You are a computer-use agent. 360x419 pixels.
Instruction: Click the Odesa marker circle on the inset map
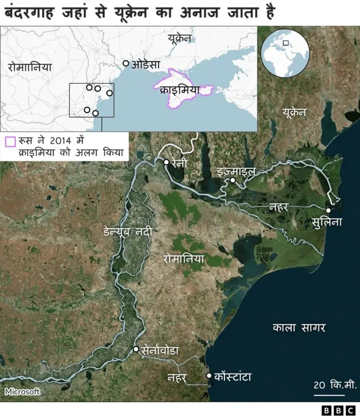pos(126,64)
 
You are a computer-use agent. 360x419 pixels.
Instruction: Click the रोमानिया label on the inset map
pos(30,66)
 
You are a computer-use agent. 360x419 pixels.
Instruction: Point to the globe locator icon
pos(285,53)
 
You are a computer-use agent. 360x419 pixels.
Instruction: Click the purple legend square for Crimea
pos(9,142)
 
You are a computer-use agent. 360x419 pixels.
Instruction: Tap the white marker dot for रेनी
pos(166,162)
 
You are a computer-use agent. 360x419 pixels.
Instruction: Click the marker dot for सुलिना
pos(328,210)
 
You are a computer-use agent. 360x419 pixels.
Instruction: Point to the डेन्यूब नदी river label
pos(128,231)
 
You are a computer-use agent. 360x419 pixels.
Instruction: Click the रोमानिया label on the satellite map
pos(183,259)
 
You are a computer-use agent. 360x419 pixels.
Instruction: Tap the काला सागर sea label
pos(299,327)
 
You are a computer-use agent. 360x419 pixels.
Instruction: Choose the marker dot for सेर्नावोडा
pos(136,349)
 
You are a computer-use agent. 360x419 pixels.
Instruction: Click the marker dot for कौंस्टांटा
pos(209,375)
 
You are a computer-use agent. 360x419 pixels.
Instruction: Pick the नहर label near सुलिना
pos(278,206)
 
